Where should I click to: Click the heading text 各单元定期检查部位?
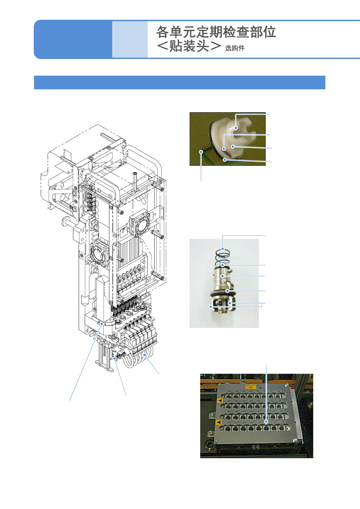(x=216, y=32)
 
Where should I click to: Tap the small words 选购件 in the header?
(x=235, y=48)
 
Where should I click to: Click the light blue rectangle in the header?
(x=130, y=39)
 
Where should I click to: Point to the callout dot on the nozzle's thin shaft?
(x=201, y=152)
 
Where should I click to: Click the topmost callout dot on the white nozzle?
(x=236, y=128)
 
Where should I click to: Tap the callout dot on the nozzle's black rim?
(x=225, y=160)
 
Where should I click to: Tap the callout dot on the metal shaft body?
(x=223, y=276)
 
